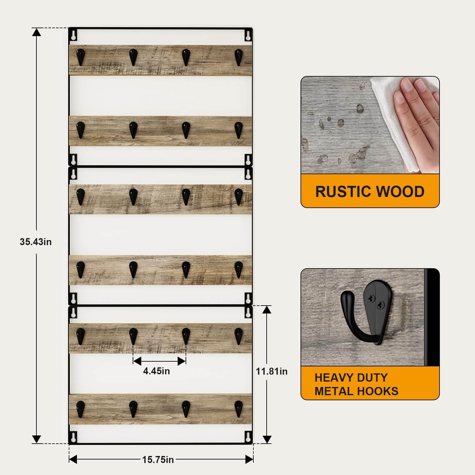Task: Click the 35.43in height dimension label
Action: (35, 242)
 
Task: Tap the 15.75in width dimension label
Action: (158, 459)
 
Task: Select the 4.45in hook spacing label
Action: (156, 371)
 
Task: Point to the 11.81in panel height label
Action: (272, 371)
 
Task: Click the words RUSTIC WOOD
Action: (370, 192)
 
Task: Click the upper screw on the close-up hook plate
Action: (371, 298)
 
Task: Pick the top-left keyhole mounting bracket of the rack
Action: (73, 35)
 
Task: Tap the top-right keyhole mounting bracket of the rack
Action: (248, 35)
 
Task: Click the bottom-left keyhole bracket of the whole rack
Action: (73, 437)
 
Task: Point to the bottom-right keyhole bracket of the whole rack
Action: (248, 437)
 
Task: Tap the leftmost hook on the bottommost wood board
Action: (81, 408)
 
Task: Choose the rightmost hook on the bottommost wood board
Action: (238, 408)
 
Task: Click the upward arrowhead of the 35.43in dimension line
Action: (36, 32)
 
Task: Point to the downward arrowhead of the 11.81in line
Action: (267, 440)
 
